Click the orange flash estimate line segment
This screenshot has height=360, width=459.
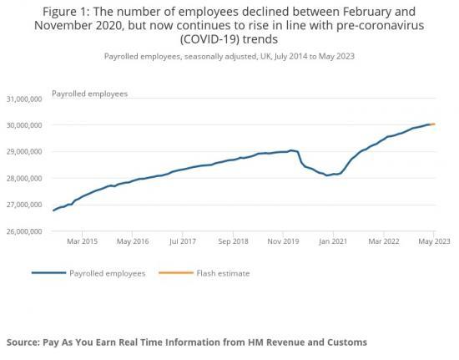[432, 124]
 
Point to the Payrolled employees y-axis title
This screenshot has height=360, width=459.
[90, 94]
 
